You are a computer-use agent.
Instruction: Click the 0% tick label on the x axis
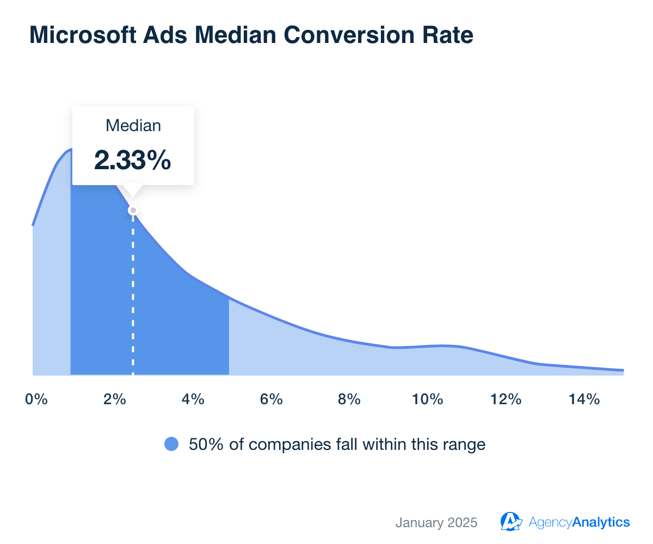tap(36, 400)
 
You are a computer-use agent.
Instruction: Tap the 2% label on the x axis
tap(114, 400)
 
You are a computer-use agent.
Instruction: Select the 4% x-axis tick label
tap(193, 400)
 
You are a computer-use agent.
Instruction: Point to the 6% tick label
tap(271, 400)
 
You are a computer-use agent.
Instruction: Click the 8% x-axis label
tap(349, 400)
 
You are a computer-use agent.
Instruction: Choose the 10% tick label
tap(427, 400)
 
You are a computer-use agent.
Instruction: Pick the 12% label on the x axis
tap(506, 400)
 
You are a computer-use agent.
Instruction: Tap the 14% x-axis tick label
tap(584, 400)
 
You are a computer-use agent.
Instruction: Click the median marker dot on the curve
tap(133, 211)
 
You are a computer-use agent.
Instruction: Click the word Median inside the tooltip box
tap(133, 126)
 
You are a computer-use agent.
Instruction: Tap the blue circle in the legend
tap(171, 444)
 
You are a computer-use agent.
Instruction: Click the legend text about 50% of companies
tap(337, 444)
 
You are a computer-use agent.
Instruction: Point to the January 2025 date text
tap(436, 523)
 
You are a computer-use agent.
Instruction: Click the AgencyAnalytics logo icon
tap(511, 521)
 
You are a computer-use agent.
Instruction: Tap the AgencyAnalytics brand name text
tap(579, 523)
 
